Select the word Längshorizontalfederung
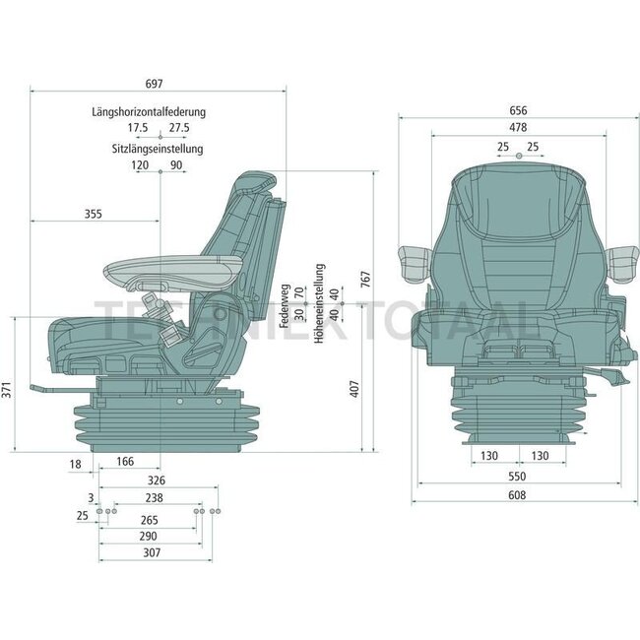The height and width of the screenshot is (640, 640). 159,112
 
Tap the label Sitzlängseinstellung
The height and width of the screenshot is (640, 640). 158,149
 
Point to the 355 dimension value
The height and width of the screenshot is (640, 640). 93,213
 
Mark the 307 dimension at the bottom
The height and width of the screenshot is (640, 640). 150,554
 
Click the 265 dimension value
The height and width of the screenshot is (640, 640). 150,519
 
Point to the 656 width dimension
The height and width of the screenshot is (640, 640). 518,110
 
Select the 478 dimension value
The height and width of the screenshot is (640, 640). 518,128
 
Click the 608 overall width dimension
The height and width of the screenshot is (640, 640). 518,494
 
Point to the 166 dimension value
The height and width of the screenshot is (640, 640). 125,461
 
